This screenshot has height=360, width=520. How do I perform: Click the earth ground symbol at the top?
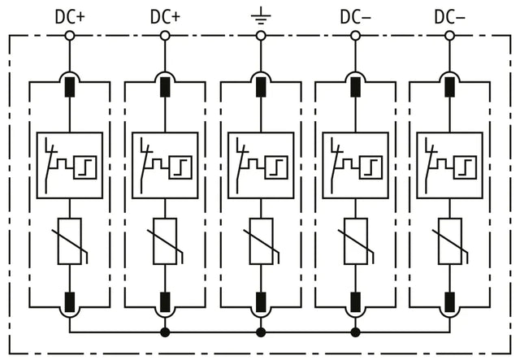[x=261, y=15]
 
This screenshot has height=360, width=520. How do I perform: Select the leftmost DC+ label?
[x=70, y=17]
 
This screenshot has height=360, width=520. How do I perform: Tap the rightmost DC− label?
[x=449, y=17]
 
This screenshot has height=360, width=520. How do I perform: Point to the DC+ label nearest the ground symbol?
[x=165, y=17]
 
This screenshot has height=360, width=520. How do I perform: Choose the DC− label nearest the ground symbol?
[x=356, y=17]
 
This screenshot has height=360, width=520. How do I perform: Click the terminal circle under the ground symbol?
[x=261, y=36]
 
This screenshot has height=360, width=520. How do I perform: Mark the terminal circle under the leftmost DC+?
[x=70, y=36]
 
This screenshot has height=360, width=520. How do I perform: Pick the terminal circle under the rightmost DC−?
[x=449, y=36]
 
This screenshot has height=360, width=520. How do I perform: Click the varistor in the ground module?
[x=262, y=241]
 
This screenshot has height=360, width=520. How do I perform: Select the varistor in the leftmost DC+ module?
[x=70, y=241]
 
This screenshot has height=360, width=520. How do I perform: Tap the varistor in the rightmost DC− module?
[x=450, y=241]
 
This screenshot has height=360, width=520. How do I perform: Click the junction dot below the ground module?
[x=261, y=332]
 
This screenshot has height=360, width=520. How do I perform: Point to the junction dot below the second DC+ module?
[x=165, y=332]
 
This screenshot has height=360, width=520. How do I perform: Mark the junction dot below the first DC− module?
[x=356, y=332]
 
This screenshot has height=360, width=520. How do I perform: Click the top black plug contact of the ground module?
[x=261, y=87]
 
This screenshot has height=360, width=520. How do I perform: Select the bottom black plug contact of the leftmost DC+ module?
[x=70, y=302]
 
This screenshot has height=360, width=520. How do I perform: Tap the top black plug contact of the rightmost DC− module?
[x=449, y=87]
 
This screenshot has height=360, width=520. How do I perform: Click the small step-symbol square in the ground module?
[x=276, y=167]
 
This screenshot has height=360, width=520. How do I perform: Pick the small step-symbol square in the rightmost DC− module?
[x=466, y=167]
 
